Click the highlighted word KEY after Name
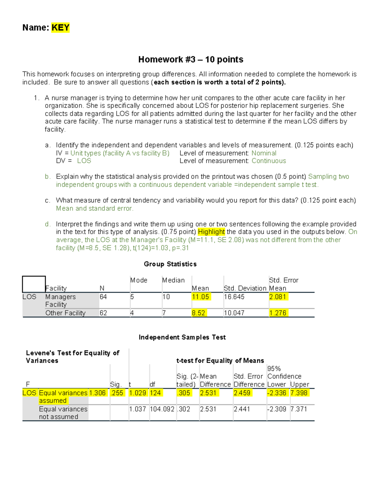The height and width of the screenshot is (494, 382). [60, 28]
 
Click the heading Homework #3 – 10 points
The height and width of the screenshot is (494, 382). [191, 59]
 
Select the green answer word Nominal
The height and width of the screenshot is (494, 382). [264, 153]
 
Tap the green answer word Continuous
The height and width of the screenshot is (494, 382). [269, 161]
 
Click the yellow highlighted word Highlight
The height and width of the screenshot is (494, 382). [211, 232]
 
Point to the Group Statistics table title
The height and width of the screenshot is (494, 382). [170, 264]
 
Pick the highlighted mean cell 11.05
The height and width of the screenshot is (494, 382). [201, 297]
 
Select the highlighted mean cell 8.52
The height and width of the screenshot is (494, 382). [198, 313]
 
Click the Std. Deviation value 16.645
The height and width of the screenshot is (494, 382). [234, 297]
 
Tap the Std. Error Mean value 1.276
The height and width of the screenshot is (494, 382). [278, 313]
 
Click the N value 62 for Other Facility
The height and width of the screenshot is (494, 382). [103, 313]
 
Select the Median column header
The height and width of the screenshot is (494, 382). [173, 280]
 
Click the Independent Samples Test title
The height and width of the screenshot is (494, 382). [182, 337]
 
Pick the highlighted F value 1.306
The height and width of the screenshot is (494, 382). [97, 393]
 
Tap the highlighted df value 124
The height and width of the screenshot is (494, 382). [155, 393]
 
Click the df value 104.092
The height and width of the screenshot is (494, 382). [162, 409]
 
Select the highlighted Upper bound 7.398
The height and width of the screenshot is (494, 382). [299, 393]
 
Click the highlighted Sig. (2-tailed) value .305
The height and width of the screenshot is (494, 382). [184, 393]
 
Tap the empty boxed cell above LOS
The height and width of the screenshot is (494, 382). [34, 284]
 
